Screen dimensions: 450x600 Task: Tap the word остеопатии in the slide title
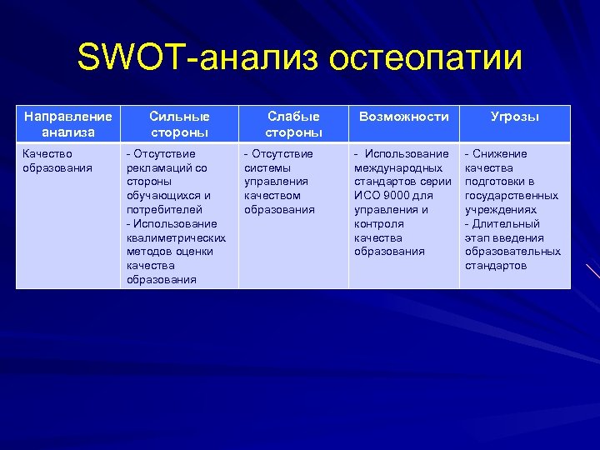tap(426, 58)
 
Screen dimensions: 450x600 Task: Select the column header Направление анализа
tap(67, 124)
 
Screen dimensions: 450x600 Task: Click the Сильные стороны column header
tap(179, 124)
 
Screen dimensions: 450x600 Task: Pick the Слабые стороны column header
tap(293, 124)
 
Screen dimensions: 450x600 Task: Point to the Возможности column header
tap(403, 117)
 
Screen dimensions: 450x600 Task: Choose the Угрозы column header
tap(514, 117)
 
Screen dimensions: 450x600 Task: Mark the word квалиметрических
tap(176, 237)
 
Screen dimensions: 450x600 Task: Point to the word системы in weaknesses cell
tap(263, 167)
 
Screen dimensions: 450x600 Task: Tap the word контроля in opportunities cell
tap(378, 223)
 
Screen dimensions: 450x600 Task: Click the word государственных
tap(511, 196)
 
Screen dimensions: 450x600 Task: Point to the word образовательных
tap(512, 252)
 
